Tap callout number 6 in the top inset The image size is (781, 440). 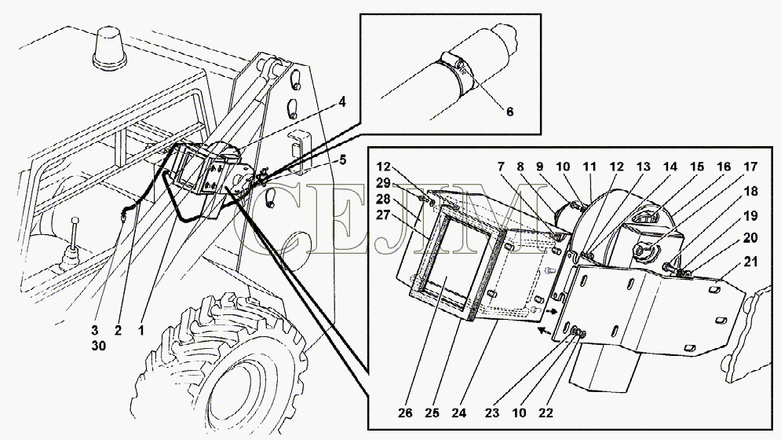pos(509,112)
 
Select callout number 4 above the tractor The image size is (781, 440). pos(341,102)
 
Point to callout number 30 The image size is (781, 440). pos(99,345)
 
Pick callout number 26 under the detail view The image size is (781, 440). pos(406,413)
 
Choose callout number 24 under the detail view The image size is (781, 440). pos(458,413)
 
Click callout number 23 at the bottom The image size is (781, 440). pos(492,413)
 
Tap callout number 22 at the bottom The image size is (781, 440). pos(546,413)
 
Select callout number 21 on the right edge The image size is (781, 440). pos(750,262)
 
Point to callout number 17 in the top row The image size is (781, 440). pos(750,167)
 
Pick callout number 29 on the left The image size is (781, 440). pos(384,183)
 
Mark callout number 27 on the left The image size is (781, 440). pos(384,215)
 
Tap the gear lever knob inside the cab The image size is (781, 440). pos(75,221)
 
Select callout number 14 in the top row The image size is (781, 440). pos(670,167)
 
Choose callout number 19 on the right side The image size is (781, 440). pos(750,215)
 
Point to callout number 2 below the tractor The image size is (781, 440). pos(118,330)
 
